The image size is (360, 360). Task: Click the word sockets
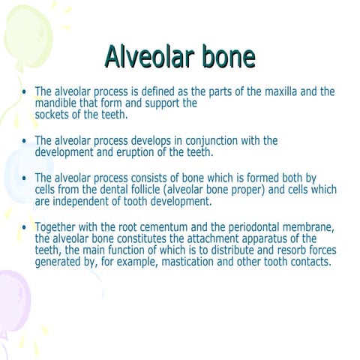coord(54,115)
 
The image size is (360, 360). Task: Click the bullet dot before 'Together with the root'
coord(25,228)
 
